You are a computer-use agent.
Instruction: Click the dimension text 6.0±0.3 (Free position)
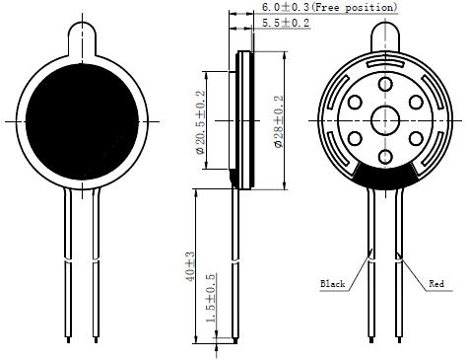click(329, 7)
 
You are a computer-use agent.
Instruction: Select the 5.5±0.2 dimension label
click(286, 23)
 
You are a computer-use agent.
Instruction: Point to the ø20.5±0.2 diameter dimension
click(200, 122)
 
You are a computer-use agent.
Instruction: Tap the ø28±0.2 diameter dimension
click(278, 121)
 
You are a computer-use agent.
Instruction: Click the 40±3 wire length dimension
click(190, 266)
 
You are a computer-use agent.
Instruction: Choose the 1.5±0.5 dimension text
click(211, 298)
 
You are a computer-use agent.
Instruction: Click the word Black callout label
click(333, 284)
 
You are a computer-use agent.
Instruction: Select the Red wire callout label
click(436, 283)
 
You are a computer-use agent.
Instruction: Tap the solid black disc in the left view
click(82, 121)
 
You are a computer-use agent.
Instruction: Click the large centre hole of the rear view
click(385, 120)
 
